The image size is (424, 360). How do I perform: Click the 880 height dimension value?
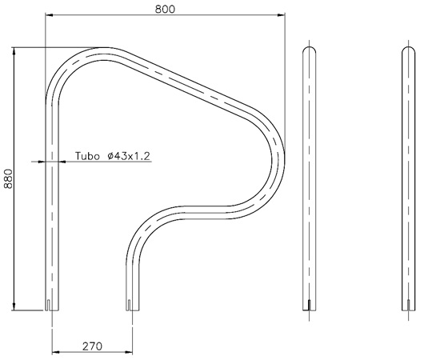[x=9, y=178]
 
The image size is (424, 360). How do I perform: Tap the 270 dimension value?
[x=92, y=346]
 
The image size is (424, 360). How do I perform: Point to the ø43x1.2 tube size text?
[x=128, y=156]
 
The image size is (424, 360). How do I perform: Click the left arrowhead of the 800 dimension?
[x=48, y=14]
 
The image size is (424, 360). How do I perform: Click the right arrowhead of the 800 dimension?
[x=282, y=14]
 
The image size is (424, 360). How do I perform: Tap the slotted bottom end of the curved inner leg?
[x=131, y=304]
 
